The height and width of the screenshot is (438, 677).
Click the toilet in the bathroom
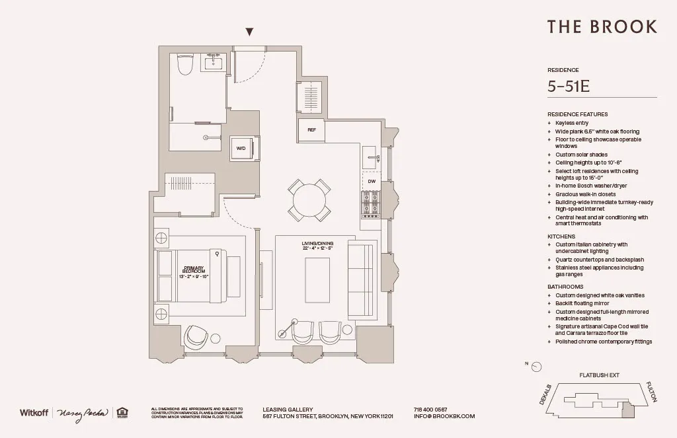(185, 65)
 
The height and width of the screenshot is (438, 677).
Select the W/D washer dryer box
(241, 149)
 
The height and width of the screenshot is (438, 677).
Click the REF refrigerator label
(311, 130)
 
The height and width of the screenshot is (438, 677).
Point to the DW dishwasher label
(371, 181)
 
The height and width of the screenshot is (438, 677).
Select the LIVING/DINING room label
(317, 246)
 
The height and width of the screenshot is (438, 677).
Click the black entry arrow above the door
(249, 32)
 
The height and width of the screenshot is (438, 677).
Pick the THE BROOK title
(602, 26)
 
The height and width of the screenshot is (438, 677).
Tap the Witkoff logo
(34, 413)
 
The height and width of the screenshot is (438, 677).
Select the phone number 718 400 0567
(430, 410)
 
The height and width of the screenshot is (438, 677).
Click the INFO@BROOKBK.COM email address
(444, 417)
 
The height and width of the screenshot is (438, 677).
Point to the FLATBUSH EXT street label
(599, 375)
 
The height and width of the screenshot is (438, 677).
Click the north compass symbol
(537, 367)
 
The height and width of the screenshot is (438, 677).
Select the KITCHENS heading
(561, 236)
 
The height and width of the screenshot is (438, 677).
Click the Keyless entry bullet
(571, 123)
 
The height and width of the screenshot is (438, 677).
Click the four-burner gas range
(371, 205)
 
